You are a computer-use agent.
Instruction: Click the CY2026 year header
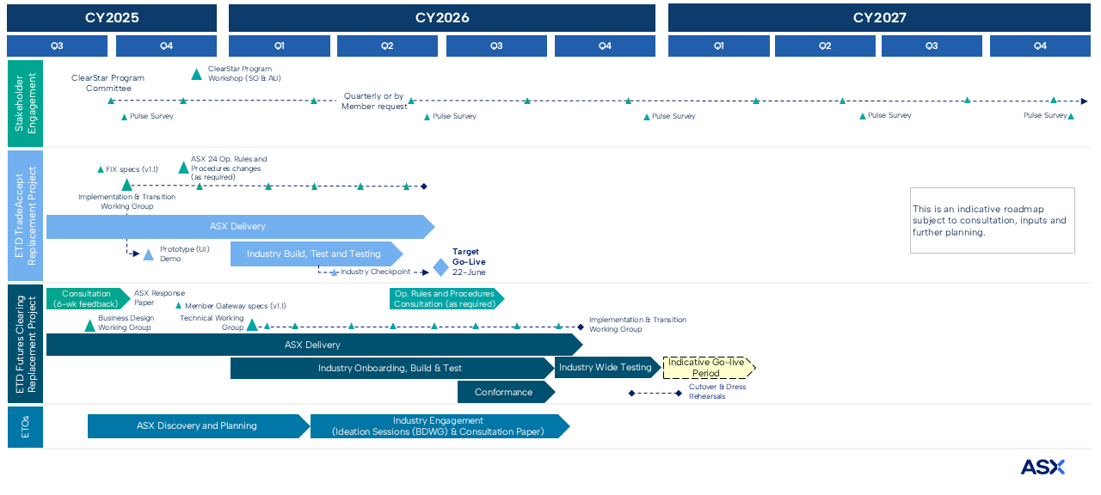point(442,18)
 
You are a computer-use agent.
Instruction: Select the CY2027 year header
point(879,18)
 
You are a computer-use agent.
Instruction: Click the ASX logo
point(1043,467)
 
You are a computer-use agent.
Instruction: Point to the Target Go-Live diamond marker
point(440,267)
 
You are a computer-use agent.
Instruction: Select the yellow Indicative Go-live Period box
point(708,368)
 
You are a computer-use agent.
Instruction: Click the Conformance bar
point(505,392)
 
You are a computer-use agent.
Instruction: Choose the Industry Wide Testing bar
point(606,368)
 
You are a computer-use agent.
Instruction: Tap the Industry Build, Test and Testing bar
point(314,254)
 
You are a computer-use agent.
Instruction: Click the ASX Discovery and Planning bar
point(197,426)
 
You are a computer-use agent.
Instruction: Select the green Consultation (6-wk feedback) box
point(86,299)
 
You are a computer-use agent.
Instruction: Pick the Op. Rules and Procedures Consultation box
point(445,299)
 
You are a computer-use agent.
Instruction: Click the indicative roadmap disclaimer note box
point(992,221)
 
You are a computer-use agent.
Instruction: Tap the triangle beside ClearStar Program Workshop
point(196,75)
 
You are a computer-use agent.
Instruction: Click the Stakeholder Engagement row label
point(25,104)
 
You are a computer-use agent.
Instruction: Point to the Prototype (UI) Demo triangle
point(148,255)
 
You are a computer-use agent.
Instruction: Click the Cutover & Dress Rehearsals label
point(717,392)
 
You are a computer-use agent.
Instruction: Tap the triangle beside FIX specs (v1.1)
point(126,184)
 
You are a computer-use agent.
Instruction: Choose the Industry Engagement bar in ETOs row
point(438,426)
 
